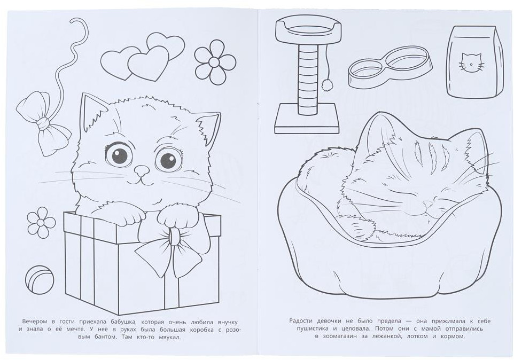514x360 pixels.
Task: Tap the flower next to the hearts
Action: click(x=215, y=62)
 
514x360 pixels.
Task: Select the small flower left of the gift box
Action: click(x=41, y=222)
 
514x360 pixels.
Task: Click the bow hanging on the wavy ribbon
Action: click(x=43, y=124)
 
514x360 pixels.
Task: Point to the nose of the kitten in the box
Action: click(x=142, y=170)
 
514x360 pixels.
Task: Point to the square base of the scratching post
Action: click(x=307, y=119)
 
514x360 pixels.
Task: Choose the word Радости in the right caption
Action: click(x=301, y=321)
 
